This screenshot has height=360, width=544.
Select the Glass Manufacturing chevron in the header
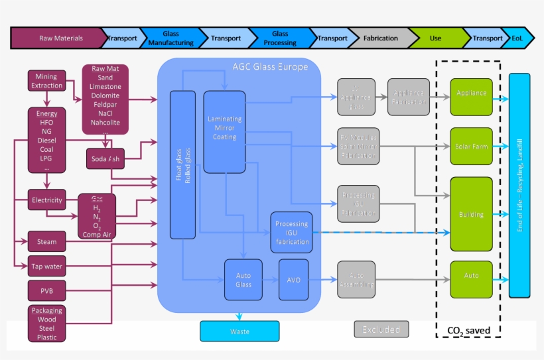click(170, 38)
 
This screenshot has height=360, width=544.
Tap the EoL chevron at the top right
click(517, 38)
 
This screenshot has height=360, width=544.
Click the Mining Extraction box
click(47, 81)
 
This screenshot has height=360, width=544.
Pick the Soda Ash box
click(105, 158)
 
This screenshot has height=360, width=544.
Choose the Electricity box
click(47, 200)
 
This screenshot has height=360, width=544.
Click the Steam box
click(47, 242)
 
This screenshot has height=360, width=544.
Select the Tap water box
click(47, 266)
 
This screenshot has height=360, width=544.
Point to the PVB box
click(47, 290)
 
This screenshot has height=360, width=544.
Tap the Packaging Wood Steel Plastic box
click(47, 324)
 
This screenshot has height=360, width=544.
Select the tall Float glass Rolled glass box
click(182, 164)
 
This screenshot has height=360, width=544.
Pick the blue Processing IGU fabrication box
click(292, 233)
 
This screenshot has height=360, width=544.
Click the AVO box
click(293, 280)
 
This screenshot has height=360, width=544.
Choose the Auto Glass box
click(243, 279)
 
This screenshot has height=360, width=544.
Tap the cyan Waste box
click(239, 331)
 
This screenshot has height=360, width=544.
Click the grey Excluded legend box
click(381, 329)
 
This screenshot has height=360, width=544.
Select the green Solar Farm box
click(472, 146)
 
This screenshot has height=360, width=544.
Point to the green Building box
click(472, 214)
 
